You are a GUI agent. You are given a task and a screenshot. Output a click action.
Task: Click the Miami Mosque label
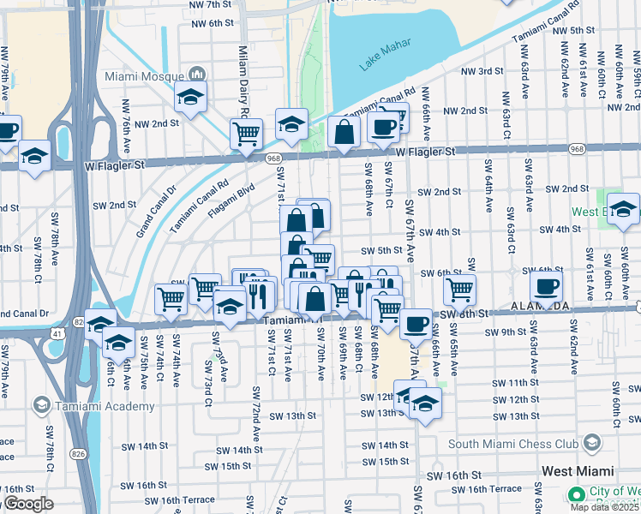click(x=143, y=75)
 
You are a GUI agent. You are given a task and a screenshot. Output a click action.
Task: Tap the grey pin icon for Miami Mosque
click(x=197, y=75)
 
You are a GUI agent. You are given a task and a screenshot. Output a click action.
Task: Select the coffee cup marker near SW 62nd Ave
click(x=546, y=287)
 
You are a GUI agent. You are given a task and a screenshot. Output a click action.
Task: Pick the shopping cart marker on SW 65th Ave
click(x=460, y=291)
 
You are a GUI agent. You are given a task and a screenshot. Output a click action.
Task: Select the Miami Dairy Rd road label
click(x=243, y=82)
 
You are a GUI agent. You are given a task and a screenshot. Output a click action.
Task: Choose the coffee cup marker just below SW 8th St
click(x=416, y=325)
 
